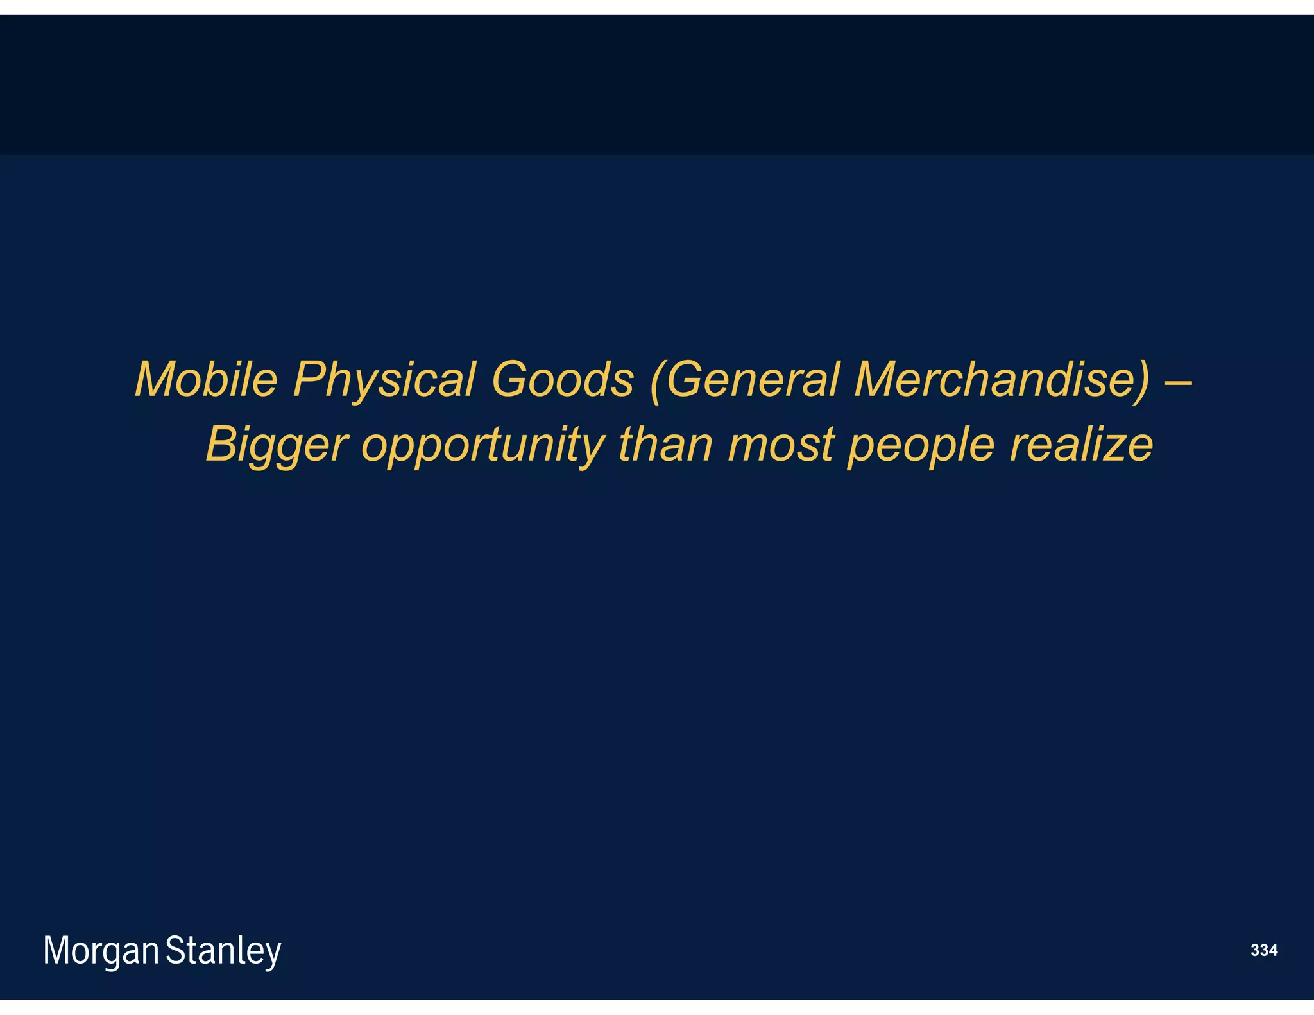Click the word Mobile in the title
coord(206,379)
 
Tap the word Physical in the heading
coord(384,380)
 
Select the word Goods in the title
coord(562,379)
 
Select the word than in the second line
coord(665,444)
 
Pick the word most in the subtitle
coord(781,445)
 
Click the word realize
coord(1081,444)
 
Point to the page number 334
coord(1264,950)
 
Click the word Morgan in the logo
coord(101,951)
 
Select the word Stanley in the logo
coord(223,951)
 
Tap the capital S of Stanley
coord(174,950)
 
